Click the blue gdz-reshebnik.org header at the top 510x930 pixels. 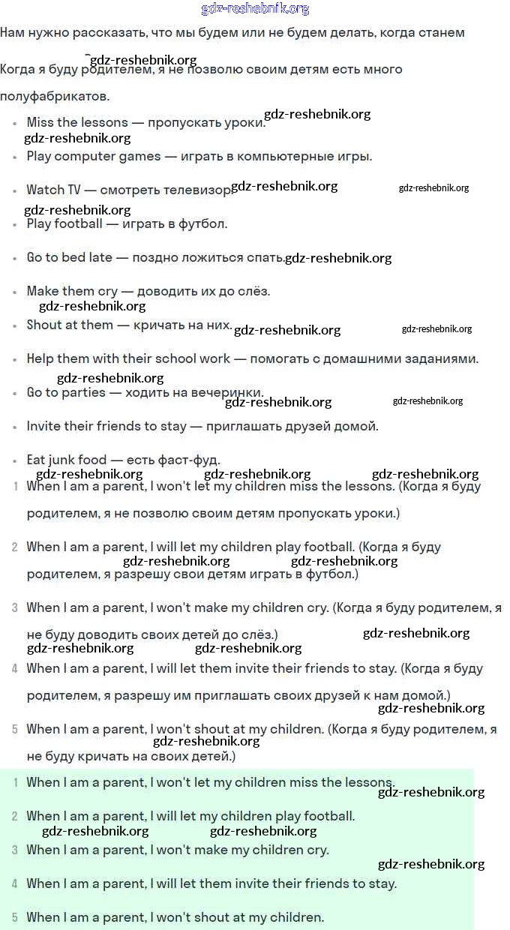click(255, 9)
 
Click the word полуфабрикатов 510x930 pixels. click(55, 97)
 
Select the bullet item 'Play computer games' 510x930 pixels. click(94, 156)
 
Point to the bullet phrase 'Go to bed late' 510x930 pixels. click(69, 257)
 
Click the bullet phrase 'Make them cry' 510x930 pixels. click(72, 291)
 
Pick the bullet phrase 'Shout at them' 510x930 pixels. click(70, 325)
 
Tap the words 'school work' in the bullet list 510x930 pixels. click(193, 358)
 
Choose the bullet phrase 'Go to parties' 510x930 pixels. click(66, 392)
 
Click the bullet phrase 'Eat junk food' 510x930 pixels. click(68, 460)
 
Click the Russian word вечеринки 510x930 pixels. click(229, 392)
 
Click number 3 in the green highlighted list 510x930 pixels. click(15, 850)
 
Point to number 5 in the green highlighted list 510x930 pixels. click(15, 917)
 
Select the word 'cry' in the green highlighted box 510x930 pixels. click(316, 850)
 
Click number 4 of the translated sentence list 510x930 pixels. click(15, 668)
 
